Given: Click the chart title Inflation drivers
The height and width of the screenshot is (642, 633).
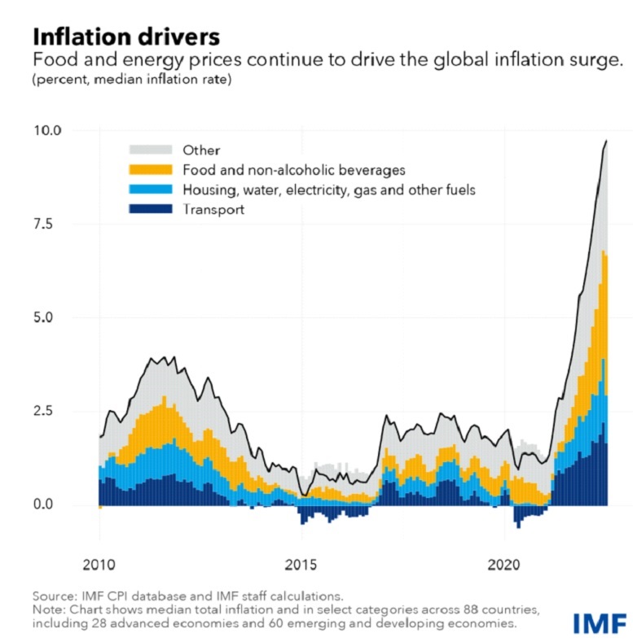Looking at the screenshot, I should point(125,37).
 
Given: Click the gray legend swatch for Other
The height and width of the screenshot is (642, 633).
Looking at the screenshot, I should point(151,150).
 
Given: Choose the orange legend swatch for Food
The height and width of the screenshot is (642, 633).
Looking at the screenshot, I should point(151,169).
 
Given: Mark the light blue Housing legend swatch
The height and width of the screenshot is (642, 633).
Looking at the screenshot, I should point(151,190).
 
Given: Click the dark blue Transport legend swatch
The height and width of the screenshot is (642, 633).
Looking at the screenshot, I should point(151,209).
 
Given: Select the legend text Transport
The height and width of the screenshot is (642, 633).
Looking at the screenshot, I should point(214,209).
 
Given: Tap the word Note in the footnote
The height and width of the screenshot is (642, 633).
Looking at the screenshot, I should point(47,609).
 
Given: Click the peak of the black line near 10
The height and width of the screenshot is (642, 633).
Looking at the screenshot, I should point(605,141).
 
